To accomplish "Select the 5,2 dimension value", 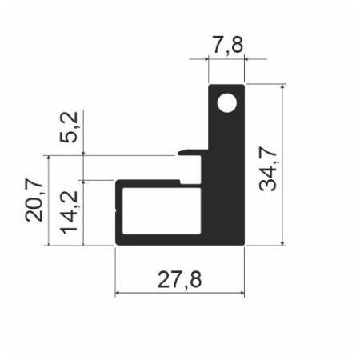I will coord(70,127).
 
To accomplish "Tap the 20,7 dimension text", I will coord(34,201).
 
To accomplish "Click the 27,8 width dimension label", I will coord(180,279).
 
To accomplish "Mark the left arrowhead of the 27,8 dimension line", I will coord(120,294).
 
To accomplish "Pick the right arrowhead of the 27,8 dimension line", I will coord(241,294).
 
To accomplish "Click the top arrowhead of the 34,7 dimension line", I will coord(284,86).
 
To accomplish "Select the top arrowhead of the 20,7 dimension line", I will coord(50,158).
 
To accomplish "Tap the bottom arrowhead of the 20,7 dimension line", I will coord(50,242).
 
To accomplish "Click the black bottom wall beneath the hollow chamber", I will coord(176,239).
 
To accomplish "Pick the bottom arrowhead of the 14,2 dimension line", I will coord(83,242).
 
